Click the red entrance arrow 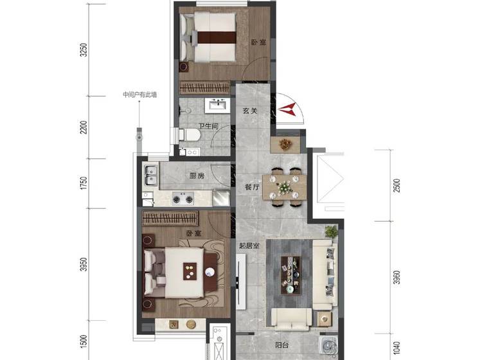(287, 109)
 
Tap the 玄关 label (249, 111)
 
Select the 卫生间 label (208, 126)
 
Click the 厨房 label (197, 176)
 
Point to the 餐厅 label (253, 186)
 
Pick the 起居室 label (249, 246)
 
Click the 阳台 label (281, 345)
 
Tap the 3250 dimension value (84, 50)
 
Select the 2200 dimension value (84, 127)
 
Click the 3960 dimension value (397, 277)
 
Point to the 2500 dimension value (397, 185)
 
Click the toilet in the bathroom (190, 135)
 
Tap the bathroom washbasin (217, 105)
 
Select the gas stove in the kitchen (183, 198)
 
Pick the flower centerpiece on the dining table (284, 187)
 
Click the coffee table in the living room (290, 275)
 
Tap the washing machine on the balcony (328, 345)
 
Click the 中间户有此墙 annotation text (140, 94)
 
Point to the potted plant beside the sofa (331, 231)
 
